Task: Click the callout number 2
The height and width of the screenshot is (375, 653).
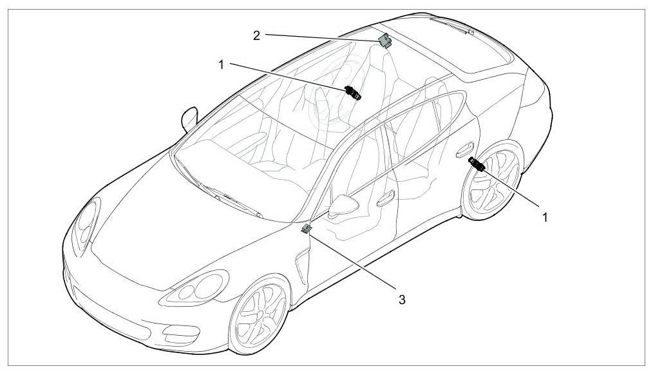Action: pos(256,35)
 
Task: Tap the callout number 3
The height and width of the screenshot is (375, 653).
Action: pos(402,299)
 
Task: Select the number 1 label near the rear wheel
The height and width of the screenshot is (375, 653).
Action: pos(545,217)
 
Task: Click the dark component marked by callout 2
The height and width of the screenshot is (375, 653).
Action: pos(385,41)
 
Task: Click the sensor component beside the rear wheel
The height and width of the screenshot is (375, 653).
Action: pos(478,164)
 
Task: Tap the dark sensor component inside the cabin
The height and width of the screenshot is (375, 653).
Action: pos(354,93)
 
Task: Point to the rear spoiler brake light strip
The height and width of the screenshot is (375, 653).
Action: pos(450,25)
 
